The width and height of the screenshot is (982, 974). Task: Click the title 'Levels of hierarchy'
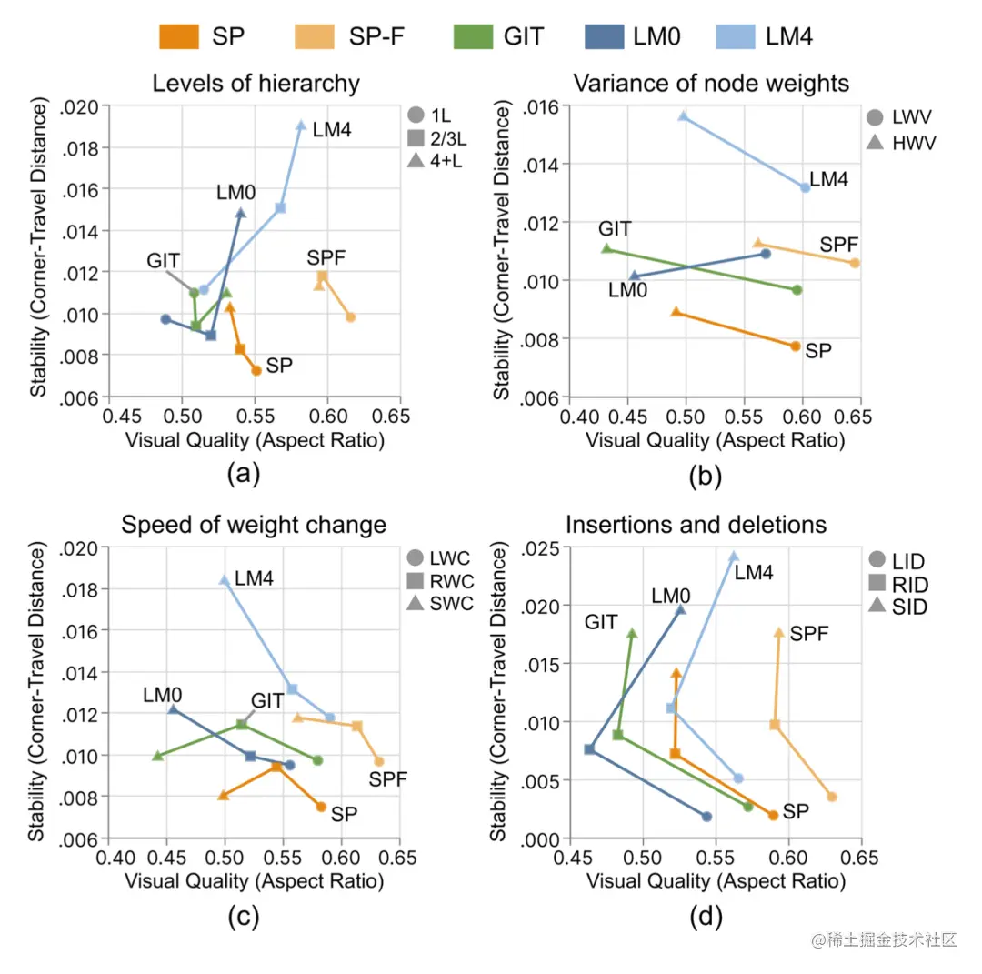tap(256, 85)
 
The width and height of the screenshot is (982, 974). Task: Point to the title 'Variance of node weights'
tap(711, 84)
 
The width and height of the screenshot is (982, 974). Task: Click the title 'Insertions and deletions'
tap(696, 525)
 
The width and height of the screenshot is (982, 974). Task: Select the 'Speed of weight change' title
tap(254, 525)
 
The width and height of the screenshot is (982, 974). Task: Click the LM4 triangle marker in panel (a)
tap(301, 126)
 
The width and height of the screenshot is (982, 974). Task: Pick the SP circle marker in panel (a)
tap(256, 370)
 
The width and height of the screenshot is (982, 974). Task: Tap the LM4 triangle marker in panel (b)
tap(683, 116)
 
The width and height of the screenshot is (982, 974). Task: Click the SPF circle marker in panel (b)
tap(855, 263)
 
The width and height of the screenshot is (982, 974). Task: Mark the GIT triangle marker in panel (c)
tap(157, 756)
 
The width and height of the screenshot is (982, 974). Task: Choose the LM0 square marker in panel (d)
tap(589, 749)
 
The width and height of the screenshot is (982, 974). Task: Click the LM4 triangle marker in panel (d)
tap(734, 557)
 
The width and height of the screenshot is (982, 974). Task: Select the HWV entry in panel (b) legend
tap(911, 144)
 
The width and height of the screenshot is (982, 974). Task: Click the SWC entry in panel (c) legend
tap(452, 606)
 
